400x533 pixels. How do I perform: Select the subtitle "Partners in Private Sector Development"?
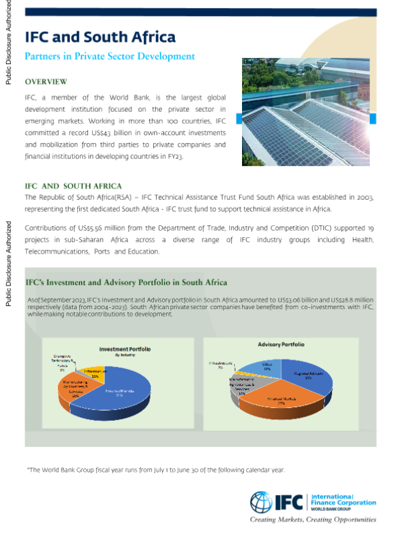click(x=109, y=57)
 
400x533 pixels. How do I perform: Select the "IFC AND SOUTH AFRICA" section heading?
click(x=73, y=186)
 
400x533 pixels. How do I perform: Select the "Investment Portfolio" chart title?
click(x=125, y=348)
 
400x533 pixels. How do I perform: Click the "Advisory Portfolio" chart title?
click(x=281, y=344)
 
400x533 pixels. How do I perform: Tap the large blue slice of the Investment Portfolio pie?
click(x=133, y=393)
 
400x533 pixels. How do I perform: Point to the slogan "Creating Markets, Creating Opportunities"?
click(x=312, y=520)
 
